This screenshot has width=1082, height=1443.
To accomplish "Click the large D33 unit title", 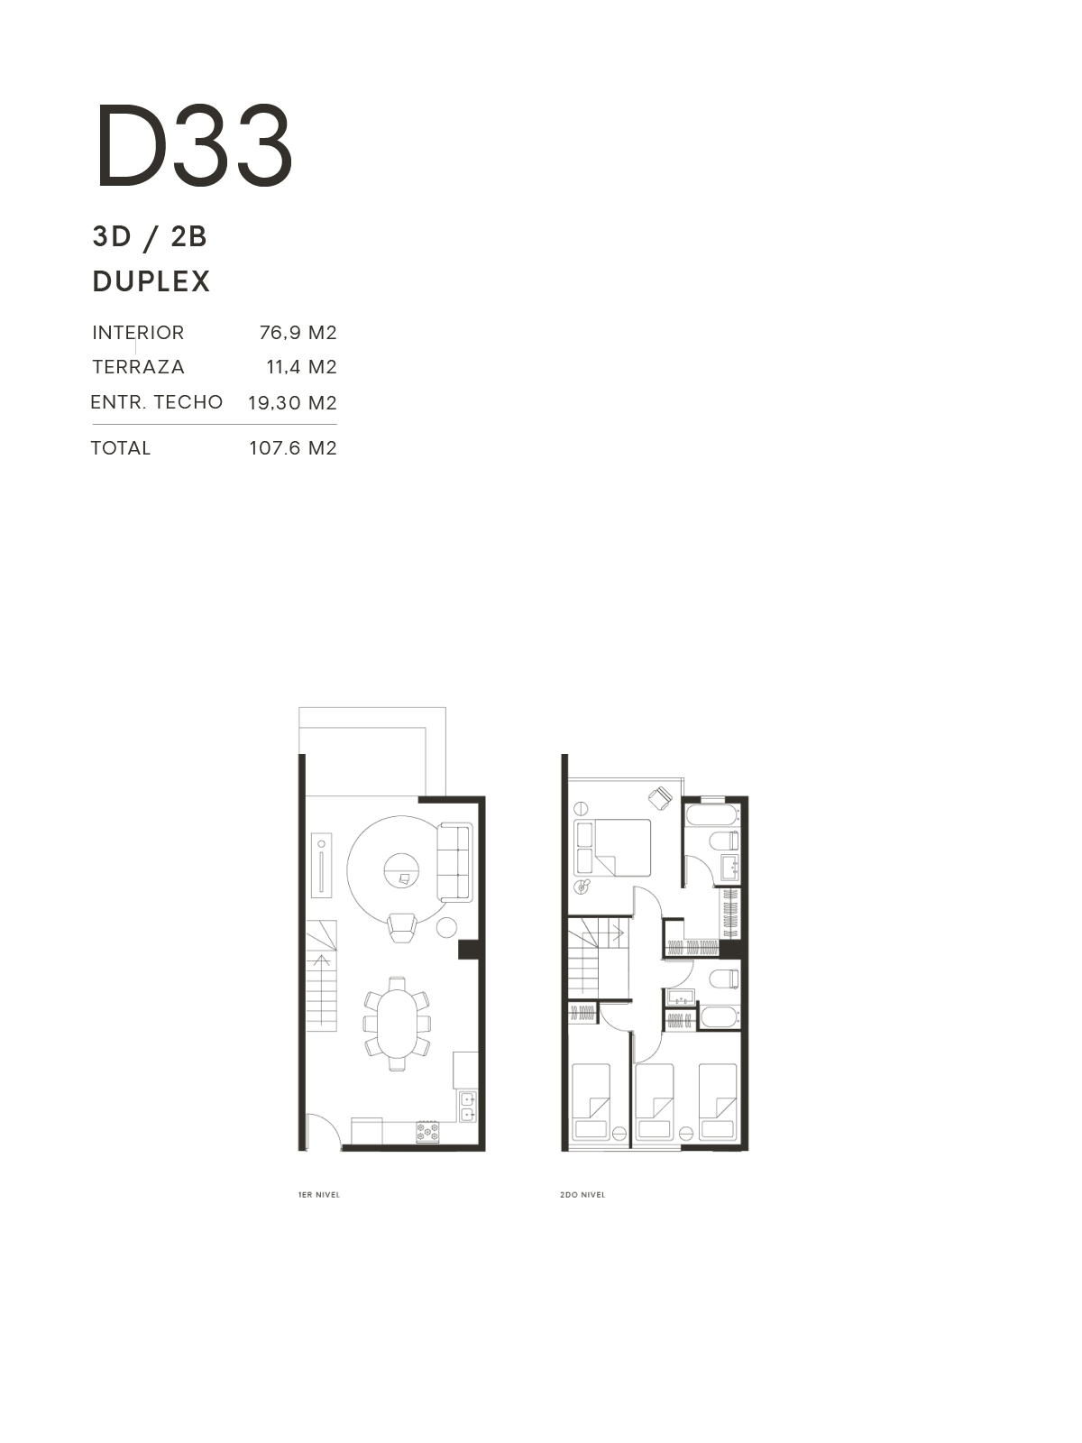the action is pos(195,144).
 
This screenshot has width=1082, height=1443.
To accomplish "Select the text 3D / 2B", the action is pos(150,236).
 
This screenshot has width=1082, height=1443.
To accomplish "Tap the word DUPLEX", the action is pos(151,281).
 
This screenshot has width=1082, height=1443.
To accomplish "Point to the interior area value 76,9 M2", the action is pos(298,333).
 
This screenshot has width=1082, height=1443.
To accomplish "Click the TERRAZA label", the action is pos(138,367).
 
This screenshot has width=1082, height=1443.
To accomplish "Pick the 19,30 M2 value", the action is pos(292,402).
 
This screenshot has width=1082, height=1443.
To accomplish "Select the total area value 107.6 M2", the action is pos(293,447).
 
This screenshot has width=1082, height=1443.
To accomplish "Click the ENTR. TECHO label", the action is pos(156,401).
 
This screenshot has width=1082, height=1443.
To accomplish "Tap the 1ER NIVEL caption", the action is pos(318,1194).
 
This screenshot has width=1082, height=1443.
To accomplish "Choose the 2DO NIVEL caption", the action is pos(582,1194).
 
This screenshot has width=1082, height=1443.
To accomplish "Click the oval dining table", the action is pos(397,1024).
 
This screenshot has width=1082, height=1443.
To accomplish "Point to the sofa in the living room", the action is pos(454,862).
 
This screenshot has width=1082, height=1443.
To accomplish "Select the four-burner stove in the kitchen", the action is pos(427,1131).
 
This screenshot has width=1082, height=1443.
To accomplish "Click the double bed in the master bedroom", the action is pos(612,848).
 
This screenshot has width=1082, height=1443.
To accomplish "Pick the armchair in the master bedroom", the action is pos(660,797).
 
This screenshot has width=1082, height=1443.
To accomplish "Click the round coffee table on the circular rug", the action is pos(401,870).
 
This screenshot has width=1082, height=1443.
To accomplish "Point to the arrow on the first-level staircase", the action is pos(321,990).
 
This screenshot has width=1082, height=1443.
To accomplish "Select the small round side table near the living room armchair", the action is pos(446,928).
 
